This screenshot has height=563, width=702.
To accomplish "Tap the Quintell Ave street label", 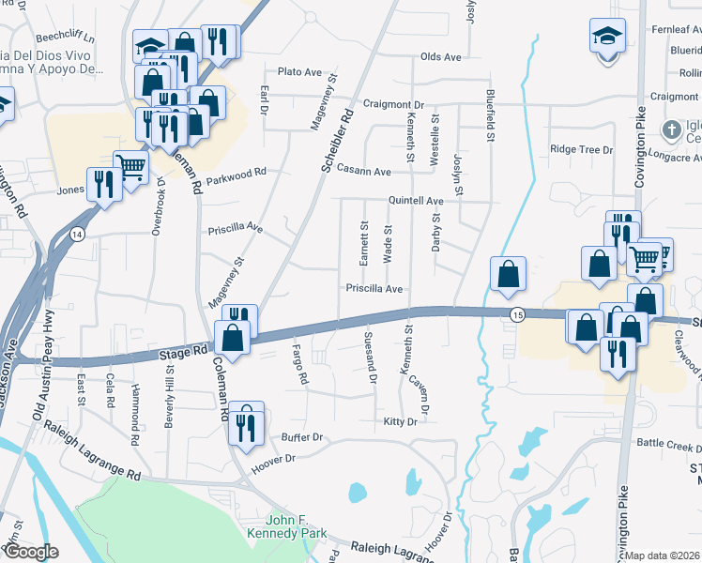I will point(417,201).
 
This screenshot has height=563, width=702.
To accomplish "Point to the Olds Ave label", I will point(440,57).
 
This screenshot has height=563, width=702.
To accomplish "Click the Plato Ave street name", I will point(300,72).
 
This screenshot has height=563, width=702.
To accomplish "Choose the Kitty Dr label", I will point(400,422).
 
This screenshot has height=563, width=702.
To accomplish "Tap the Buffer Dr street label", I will point(301,437).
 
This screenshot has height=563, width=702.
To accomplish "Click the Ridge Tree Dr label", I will point(581,149).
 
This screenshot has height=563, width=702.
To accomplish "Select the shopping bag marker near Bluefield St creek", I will point(508,274).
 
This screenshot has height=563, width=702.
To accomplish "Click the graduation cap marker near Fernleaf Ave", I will point(605,37).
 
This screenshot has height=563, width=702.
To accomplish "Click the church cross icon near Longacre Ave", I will point(671,128).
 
